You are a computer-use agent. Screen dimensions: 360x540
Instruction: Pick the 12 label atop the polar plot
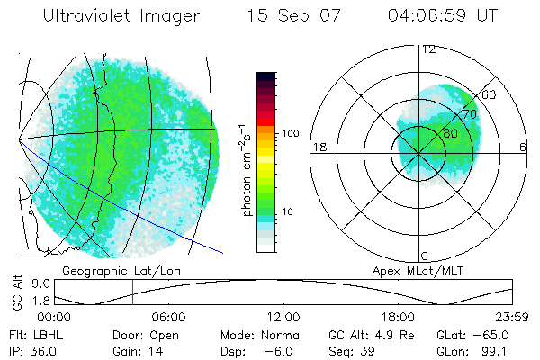[428, 49]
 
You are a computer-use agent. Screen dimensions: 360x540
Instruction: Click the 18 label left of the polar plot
[318, 147]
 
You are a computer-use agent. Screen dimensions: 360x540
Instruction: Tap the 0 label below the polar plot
[424, 256]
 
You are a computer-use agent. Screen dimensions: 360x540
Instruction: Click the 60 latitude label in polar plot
[490, 94]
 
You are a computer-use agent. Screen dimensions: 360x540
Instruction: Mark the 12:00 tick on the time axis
[283, 317]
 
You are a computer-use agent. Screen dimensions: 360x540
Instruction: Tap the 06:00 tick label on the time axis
[168, 317]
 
